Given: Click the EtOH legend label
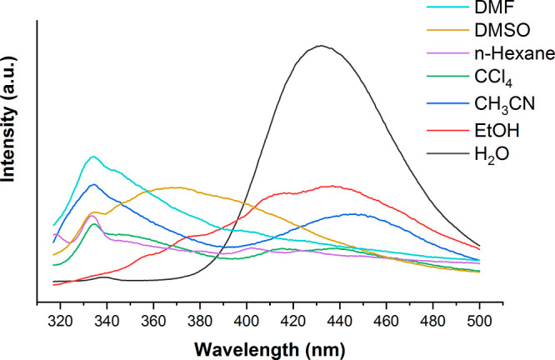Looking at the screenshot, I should [x=512, y=130].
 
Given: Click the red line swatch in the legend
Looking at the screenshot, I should [x=466, y=130].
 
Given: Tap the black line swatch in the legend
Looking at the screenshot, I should [x=466, y=154].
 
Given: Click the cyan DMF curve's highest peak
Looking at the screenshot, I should [x=93, y=157].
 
